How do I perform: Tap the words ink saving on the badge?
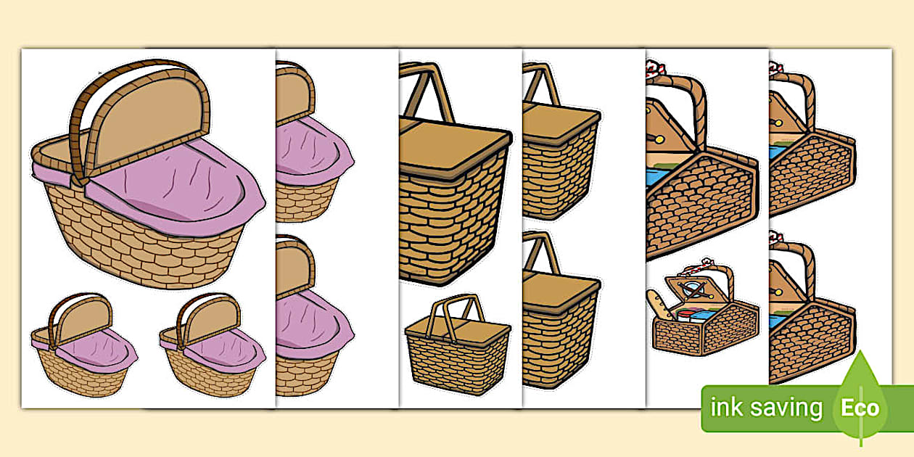click(767, 408)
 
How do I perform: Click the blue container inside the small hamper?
click(702, 315)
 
